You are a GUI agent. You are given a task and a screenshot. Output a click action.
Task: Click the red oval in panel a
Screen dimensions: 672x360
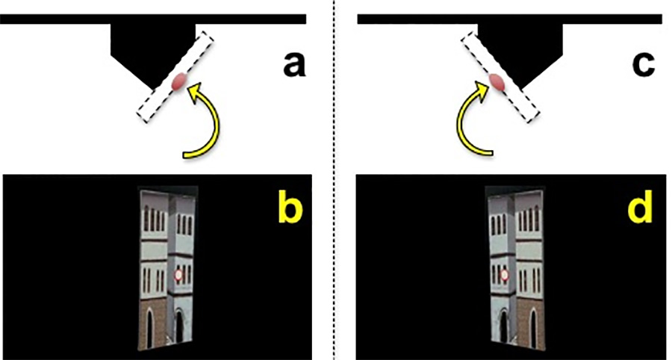click(178, 82)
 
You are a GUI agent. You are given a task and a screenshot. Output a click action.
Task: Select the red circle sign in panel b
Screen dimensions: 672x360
click(178, 276)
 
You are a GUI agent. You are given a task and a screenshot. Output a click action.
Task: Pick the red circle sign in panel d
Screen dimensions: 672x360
click(503, 276)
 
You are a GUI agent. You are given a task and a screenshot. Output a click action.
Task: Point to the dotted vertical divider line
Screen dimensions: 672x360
click(334, 179)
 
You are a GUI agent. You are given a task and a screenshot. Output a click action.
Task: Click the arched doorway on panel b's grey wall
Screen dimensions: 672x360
click(179, 326)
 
